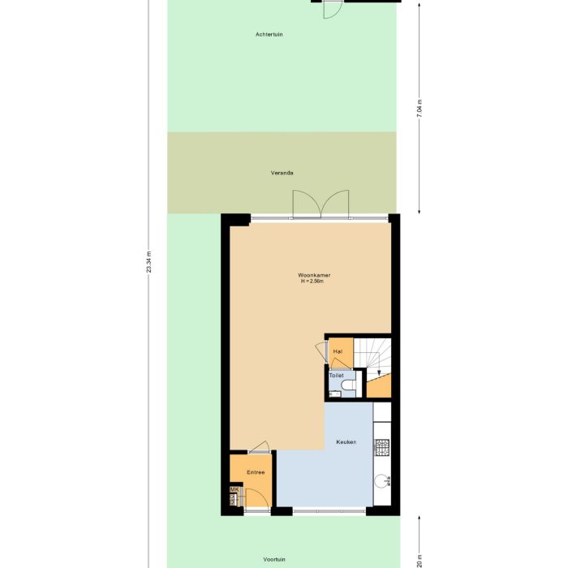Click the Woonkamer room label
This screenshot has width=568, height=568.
point(314,275)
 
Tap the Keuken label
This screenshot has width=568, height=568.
point(346,442)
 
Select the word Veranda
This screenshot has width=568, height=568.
point(282,173)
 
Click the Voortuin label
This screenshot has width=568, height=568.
point(274,559)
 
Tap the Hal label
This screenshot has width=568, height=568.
point(338,351)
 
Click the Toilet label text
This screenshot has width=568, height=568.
point(336,376)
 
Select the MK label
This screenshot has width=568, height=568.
point(234,490)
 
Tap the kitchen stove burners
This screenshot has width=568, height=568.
point(381,447)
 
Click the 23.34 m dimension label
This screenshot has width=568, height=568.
point(149,262)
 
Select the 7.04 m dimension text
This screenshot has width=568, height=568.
point(420,108)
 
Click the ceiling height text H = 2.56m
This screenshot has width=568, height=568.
point(312,282)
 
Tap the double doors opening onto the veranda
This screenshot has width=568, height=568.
point(321,204)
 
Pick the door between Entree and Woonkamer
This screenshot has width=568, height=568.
point(260,445)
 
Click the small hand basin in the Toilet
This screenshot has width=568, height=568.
point(330,394)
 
